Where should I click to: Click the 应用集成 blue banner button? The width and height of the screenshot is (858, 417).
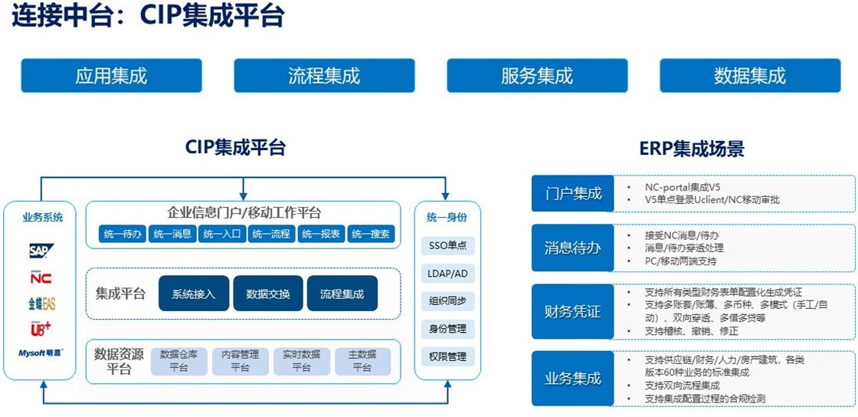point(111,76)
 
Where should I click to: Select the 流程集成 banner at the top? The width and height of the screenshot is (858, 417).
point(324,76)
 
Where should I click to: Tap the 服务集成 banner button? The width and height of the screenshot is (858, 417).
point(537,76)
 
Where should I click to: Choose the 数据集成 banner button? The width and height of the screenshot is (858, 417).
point(750,76)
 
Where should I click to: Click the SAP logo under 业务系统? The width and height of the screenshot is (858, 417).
point(40,251)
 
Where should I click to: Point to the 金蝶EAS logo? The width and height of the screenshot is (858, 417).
point(41,304)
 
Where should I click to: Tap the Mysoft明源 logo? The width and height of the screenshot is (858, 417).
point(41,353)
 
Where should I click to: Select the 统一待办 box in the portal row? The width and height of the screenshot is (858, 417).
point(123,234)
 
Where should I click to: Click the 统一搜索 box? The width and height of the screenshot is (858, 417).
point(371,234)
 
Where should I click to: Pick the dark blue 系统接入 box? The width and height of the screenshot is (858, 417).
point(194,294)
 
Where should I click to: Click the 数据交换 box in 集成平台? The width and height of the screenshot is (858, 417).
point(268,294)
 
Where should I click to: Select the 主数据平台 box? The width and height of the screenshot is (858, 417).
point(362,361)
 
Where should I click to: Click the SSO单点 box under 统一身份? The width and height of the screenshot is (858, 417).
point(447,246)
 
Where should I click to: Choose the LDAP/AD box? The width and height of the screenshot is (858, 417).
point(447,274)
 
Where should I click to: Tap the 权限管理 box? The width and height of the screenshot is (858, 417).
point(447,356)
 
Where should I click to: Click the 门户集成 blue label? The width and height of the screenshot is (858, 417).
point(573,193)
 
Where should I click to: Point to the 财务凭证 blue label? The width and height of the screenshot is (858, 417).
point(573,312)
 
